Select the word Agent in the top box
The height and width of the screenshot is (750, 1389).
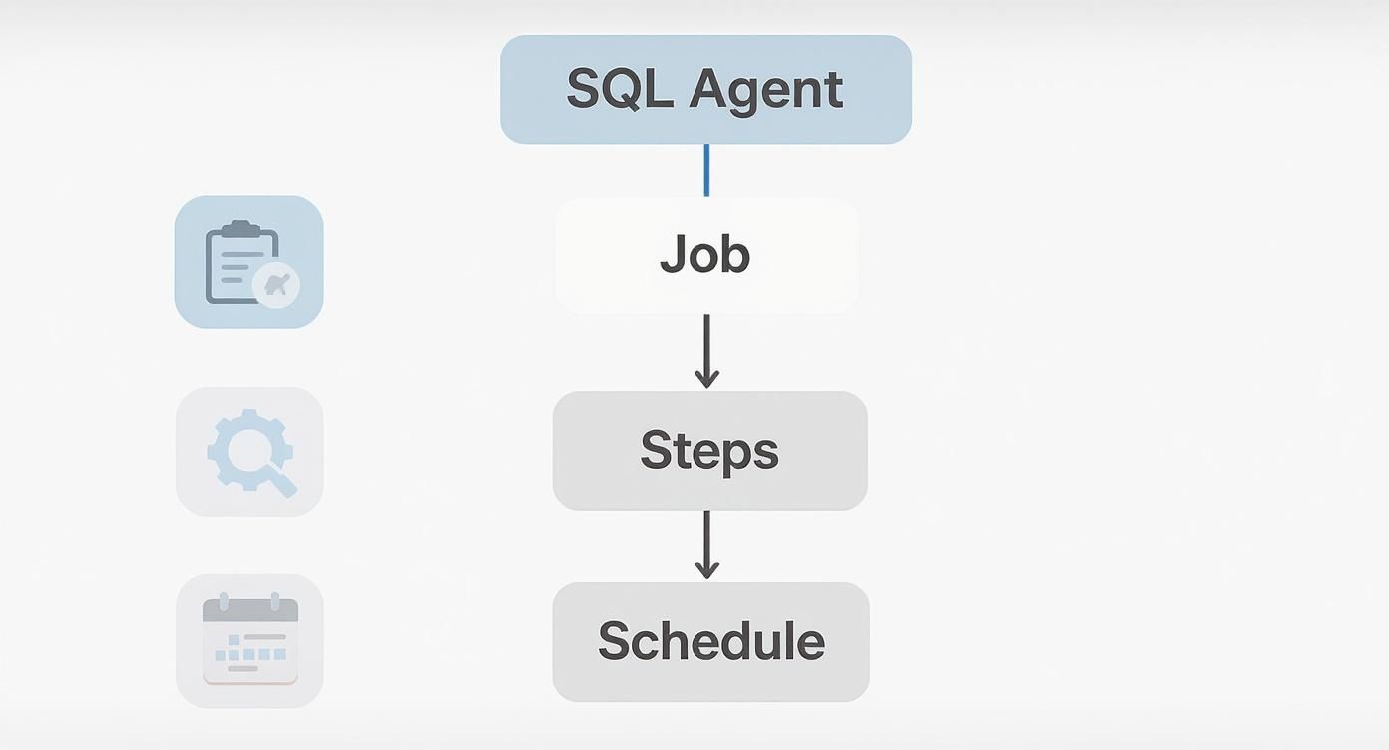click(766, 90)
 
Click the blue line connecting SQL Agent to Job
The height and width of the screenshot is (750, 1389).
click(706, 170)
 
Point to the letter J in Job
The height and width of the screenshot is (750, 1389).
click(673, 255)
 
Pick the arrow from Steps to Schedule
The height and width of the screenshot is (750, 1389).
click(706, 545)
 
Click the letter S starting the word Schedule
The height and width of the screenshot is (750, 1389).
click(615, 641)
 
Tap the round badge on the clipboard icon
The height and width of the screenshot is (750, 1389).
click(276, 285)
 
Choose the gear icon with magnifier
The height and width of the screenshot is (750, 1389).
click(247, 450)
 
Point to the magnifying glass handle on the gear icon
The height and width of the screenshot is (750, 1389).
click(282, 483)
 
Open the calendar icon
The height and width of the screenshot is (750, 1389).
click(249, 640)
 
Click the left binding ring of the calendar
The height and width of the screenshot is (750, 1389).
click(224, 601)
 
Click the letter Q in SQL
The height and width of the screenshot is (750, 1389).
click(628, 89)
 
